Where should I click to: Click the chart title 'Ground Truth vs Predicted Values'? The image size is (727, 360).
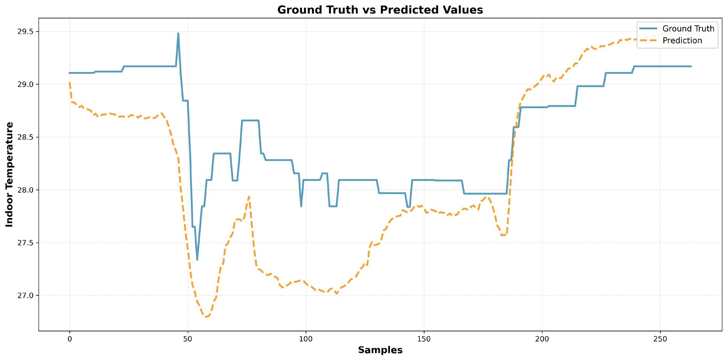[380, 10]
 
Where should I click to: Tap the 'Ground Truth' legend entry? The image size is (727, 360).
[688, 29]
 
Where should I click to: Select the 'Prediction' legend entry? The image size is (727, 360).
[682, 41]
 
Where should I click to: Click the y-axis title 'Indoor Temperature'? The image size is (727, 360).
[10, 174]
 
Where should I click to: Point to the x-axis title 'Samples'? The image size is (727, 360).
[380, 350]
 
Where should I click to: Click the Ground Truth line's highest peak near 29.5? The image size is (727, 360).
[178, 33]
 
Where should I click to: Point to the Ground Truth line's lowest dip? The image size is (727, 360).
[197, 260]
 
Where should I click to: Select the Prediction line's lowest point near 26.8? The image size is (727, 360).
[206, 317]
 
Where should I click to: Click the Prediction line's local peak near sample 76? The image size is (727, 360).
[249, 197]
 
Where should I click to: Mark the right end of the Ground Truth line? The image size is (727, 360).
[691, 67]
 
